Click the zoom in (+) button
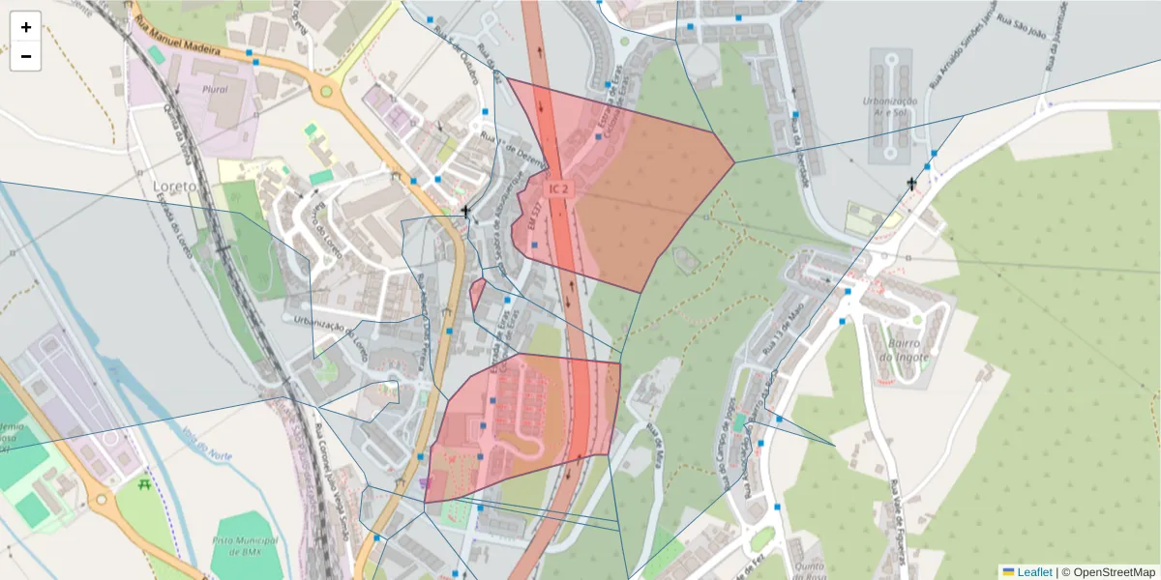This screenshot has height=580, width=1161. tap(25, 27)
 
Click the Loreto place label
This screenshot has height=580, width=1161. tap(175, 186)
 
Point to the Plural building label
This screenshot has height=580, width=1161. tap(215, 89)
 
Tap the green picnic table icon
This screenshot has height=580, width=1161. tap(144, 484)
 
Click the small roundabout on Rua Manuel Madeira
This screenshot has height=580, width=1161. tap(325, 94)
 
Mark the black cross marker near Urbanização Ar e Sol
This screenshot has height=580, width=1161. tap(911, 183)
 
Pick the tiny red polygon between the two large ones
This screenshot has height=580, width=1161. tap(477, 293)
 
